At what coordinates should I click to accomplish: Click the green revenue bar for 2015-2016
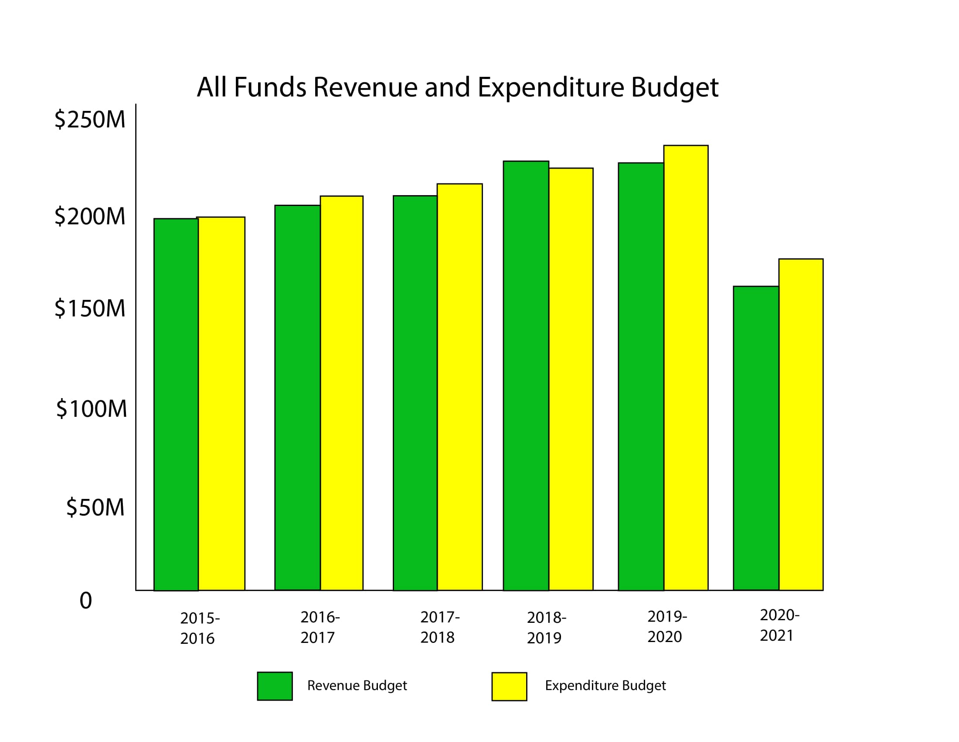coord(176,405)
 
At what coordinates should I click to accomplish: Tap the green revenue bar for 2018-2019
coord(526,376)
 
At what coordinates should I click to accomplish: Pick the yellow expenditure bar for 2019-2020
coord(685,368)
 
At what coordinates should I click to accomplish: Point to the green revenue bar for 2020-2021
coord(756,438)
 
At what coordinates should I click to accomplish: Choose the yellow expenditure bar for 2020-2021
coord(801,424)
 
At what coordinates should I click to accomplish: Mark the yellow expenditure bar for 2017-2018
coord(460,387)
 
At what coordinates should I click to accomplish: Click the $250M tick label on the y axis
coord(89,120)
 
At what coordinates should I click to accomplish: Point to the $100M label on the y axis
coord(92,409)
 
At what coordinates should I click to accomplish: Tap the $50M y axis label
coord(95,507)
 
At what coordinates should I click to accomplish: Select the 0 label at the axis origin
coord(85,601)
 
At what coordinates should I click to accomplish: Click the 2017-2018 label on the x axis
coord(439,627)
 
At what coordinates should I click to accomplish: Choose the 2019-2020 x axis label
coord(667,627)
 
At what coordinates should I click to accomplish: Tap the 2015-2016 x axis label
coord(199,629)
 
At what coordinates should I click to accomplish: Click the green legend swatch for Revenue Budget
coord(275,686)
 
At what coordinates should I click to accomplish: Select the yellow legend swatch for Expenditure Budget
coord(509,686)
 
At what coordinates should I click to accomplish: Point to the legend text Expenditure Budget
coord(605,686)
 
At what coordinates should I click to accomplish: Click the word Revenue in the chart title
coord(365,87)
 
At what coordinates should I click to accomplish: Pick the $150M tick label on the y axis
coord(89,309)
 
